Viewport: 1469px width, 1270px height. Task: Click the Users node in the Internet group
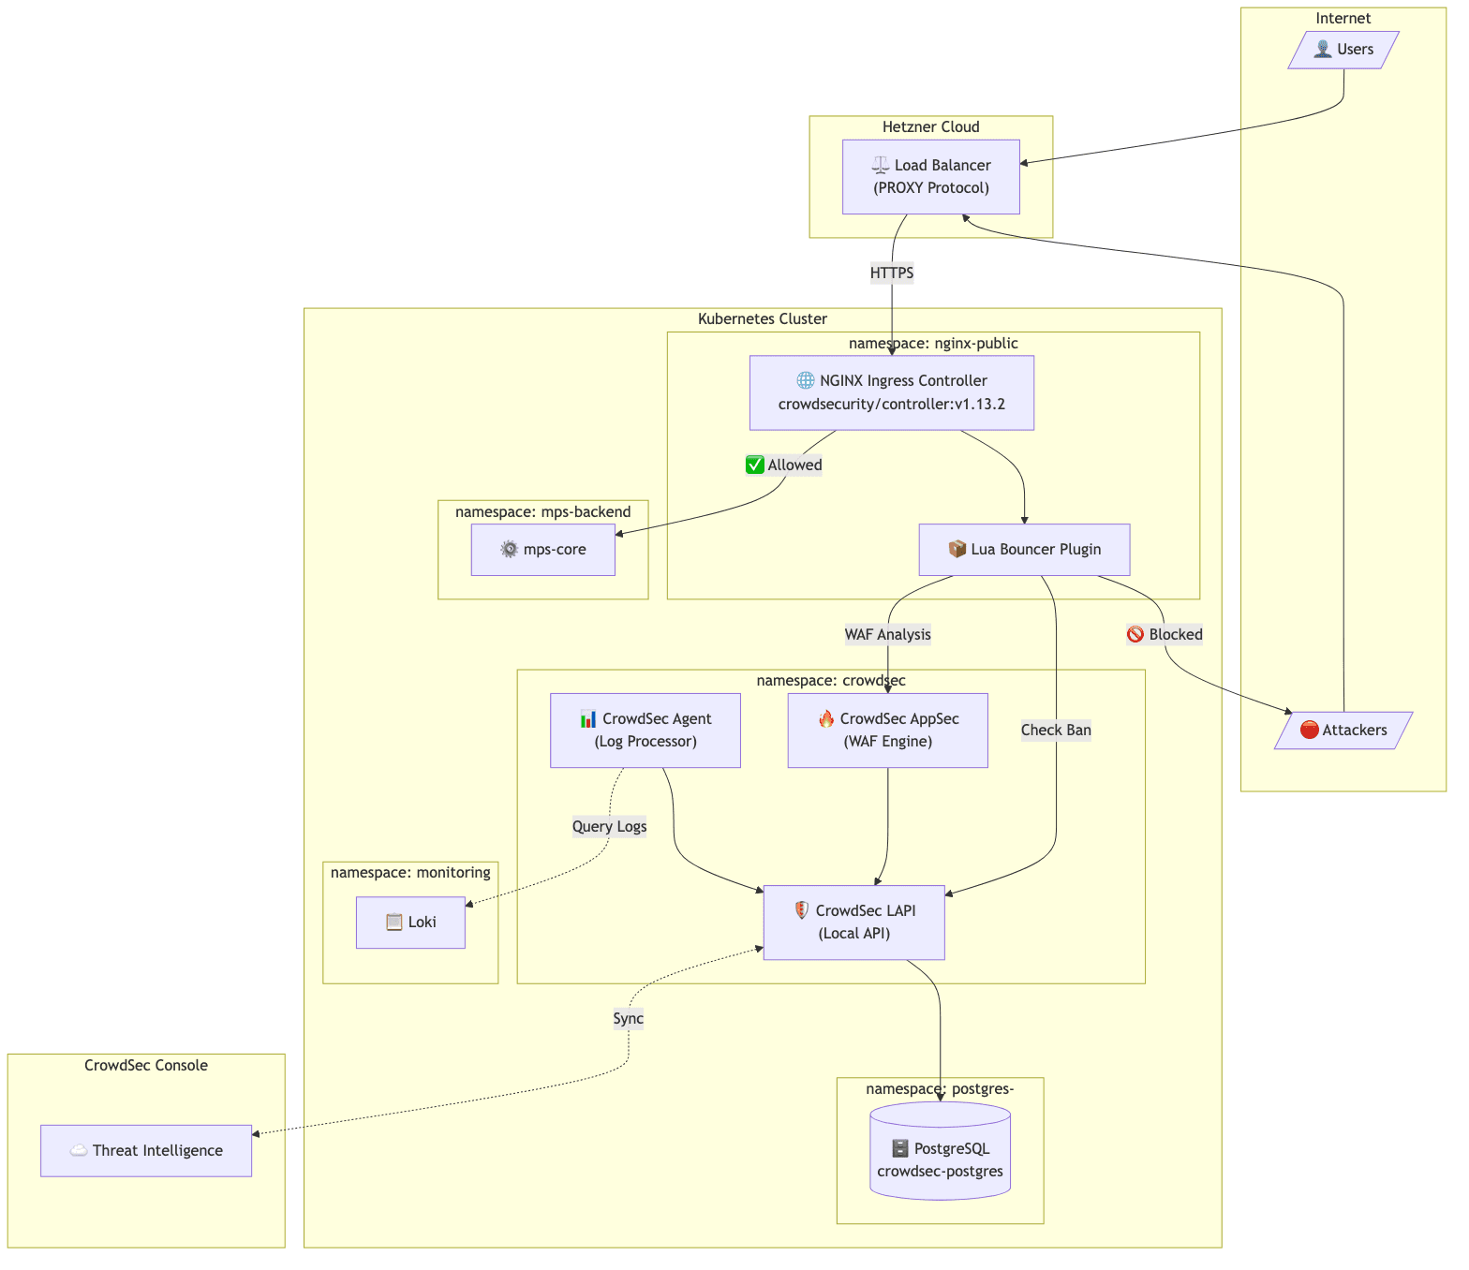point(1343,50)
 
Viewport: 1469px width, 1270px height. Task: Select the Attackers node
point(1343,731)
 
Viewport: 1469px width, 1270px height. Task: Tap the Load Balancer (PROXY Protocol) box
point(930,177)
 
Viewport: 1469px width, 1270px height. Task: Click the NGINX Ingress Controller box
point(891,392)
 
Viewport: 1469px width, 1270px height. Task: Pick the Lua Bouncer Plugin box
point(1024,550)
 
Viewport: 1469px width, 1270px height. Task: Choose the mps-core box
point(542,550)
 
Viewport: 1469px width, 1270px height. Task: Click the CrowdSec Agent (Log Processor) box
point(645,731)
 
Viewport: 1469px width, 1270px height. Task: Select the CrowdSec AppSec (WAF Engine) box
point(887,731)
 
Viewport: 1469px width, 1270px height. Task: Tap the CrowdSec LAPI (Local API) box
point(853,923)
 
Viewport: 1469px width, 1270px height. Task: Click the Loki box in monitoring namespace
point(410,923)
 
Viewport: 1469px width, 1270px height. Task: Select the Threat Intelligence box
point(146,1151)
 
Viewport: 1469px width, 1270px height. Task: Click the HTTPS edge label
point(891,273)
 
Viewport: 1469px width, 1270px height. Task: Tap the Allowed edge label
point(784,465)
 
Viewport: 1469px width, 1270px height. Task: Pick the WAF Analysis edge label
point(887,635)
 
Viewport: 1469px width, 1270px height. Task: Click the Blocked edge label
point(1165,635)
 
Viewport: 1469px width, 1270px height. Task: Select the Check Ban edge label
point(1056,731)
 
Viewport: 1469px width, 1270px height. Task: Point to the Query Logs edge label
point(609,826)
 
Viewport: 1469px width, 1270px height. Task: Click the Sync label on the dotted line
point(628,1019)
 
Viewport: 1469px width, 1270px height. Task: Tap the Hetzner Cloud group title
point(930,127)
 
